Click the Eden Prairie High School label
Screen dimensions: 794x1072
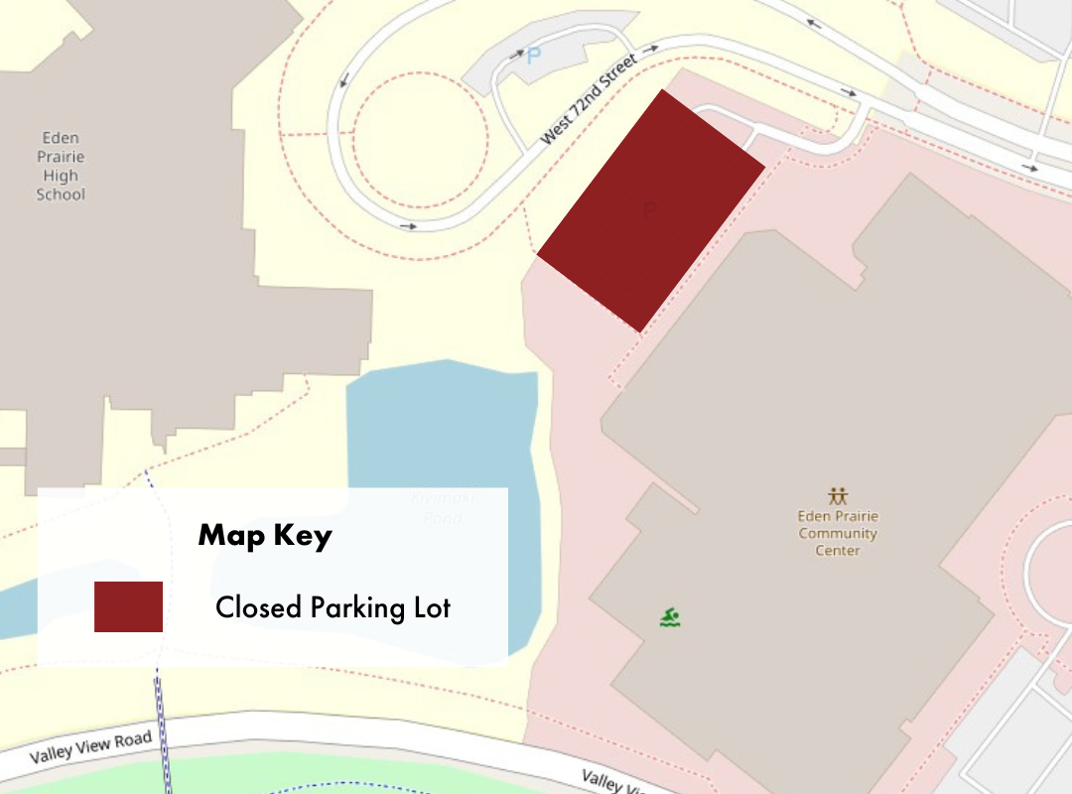[61, 166]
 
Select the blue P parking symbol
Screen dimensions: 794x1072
[534, 57]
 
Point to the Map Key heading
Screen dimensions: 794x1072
[265, 536]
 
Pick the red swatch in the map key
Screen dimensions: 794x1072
[128, 606]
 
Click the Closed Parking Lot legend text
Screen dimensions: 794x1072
[333, 607]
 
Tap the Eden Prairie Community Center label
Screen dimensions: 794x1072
[838, 533]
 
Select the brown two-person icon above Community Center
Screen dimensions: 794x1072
[838, 495]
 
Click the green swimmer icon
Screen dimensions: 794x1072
[671, 617]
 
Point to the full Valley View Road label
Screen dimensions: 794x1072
[91, 746]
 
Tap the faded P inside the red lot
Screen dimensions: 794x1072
[650, 209]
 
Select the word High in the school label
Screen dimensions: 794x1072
[61, 176]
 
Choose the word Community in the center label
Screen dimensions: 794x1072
[838, 534]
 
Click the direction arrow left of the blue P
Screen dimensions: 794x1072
[516, 56]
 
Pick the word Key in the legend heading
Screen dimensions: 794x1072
[304, 536]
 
